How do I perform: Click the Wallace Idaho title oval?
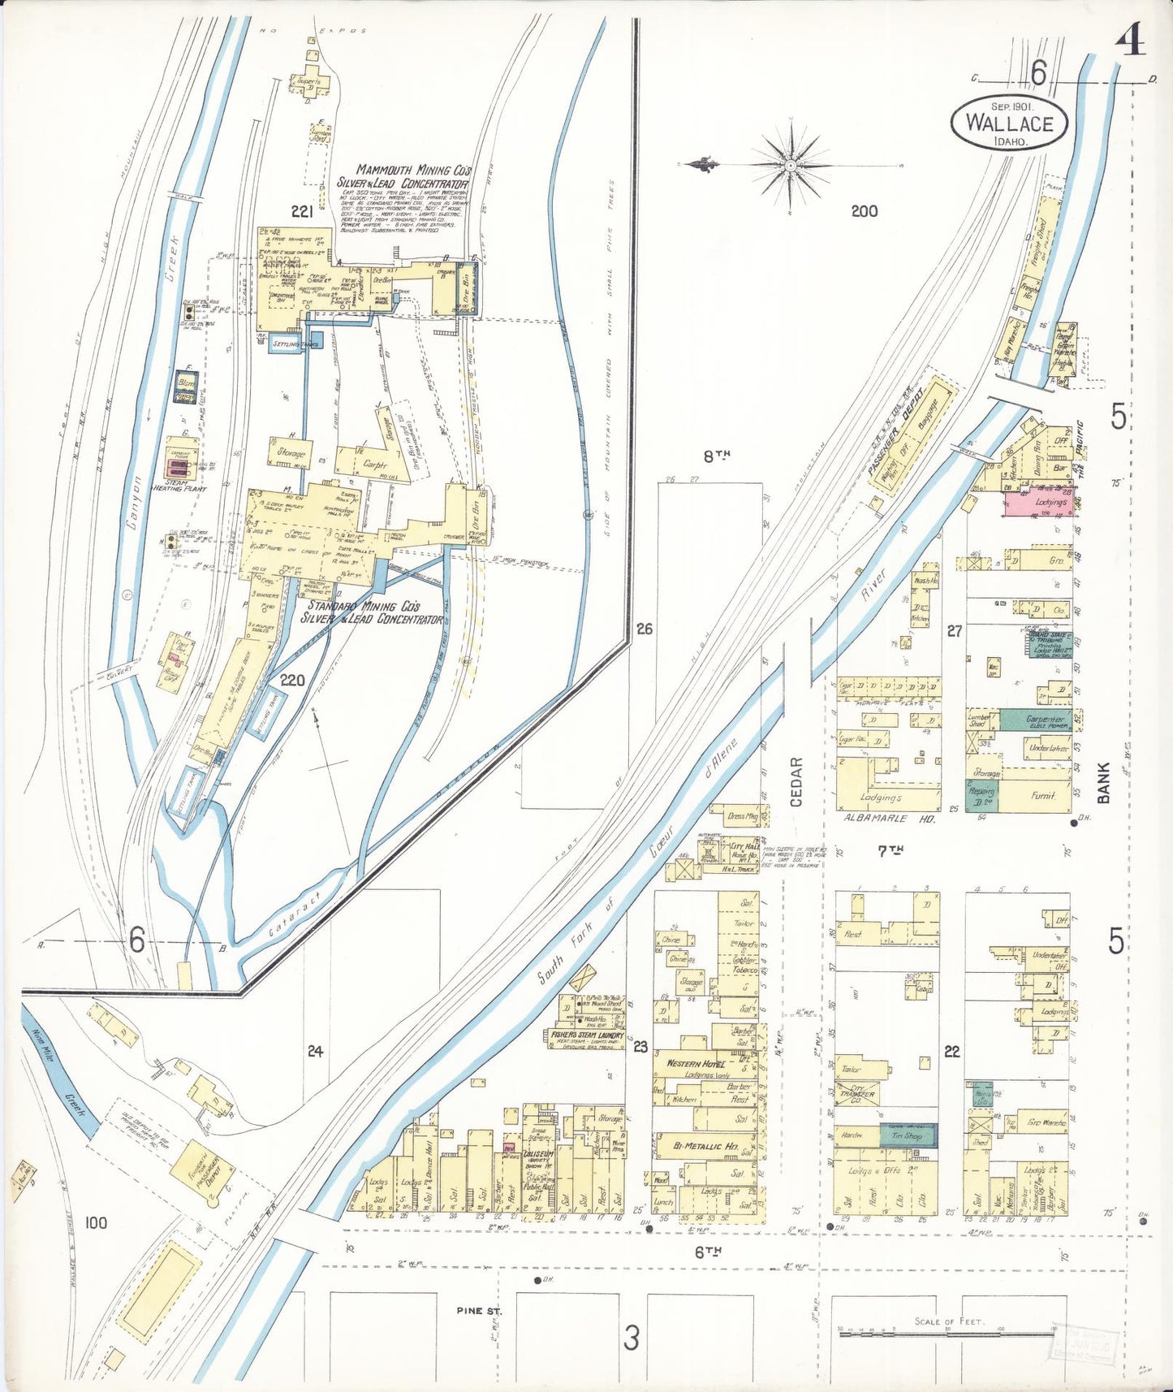1009,123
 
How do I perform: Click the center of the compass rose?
790,166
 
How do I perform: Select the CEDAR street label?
796,782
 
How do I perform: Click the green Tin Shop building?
908,1135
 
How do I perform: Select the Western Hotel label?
696,1063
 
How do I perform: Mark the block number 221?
302,212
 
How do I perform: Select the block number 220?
291,680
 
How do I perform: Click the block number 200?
864,211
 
